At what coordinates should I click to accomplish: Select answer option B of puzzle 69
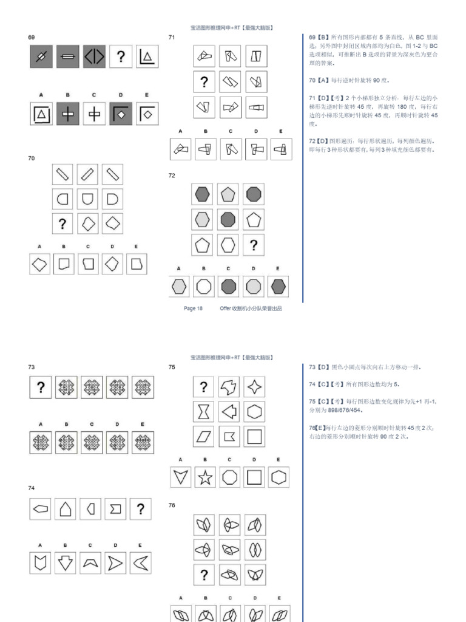click(68, 114)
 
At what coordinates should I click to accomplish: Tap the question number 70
click(31, 158)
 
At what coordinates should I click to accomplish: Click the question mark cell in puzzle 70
click(62, 224)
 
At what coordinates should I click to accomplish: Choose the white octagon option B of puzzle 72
click(205, 286)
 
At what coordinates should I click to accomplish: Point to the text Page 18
click(193, 309)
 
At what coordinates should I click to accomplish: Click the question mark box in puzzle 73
click(41, 388)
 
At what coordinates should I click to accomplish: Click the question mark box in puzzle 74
click(141, 509)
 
